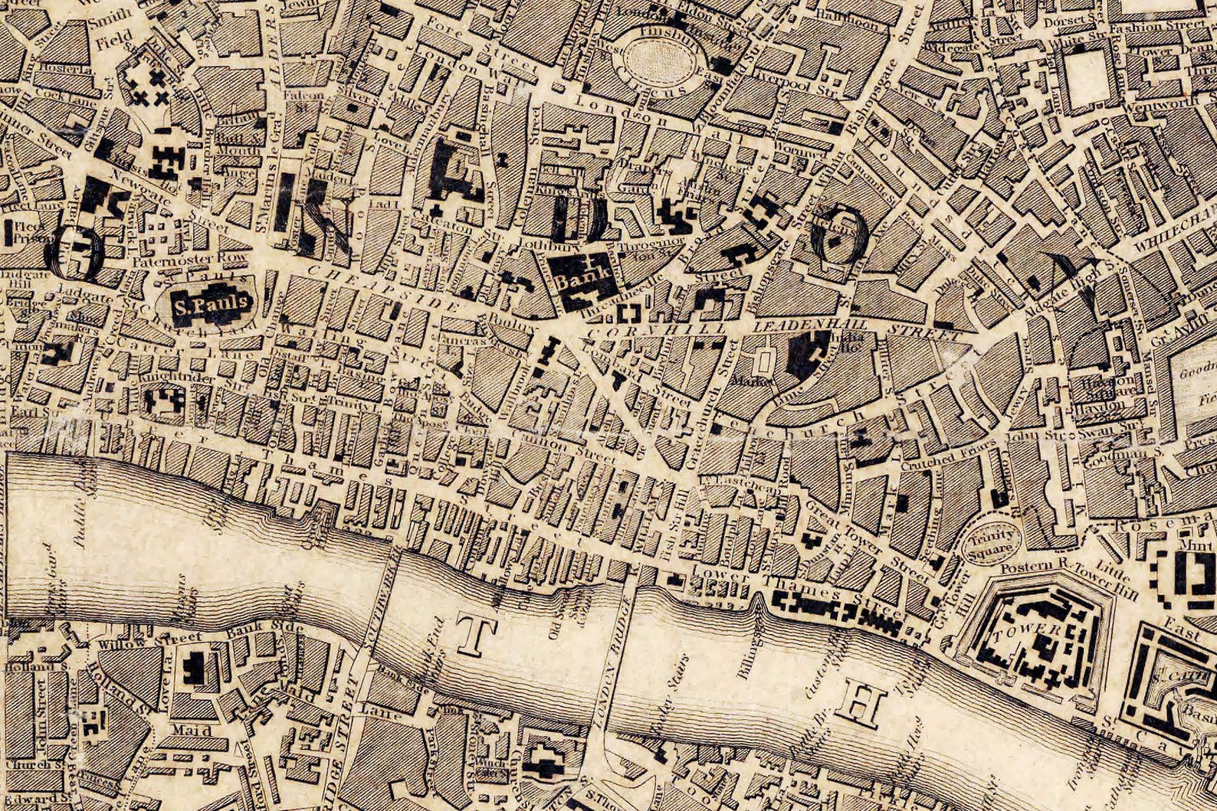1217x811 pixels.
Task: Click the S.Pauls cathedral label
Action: [x=211, y=305]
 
